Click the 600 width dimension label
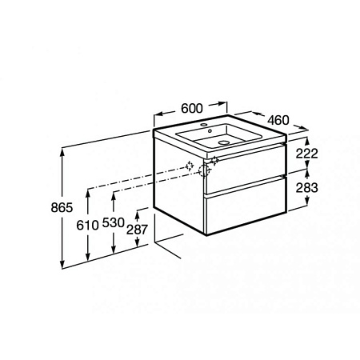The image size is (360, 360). [x=192, y=108]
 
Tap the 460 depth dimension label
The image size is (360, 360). [x=278, y=120]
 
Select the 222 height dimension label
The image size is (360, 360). [x=307, y=154]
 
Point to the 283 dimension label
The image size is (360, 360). [x=307, y=188]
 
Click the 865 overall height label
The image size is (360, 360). [x=62, y=207]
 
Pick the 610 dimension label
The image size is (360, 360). [x=87, y=226]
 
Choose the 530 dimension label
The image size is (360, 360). [x=114, y=222]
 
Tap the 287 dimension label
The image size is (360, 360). [x=137, y=230]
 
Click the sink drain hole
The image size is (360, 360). [x=224, y=142]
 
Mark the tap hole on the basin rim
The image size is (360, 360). [x=205, y=125]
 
